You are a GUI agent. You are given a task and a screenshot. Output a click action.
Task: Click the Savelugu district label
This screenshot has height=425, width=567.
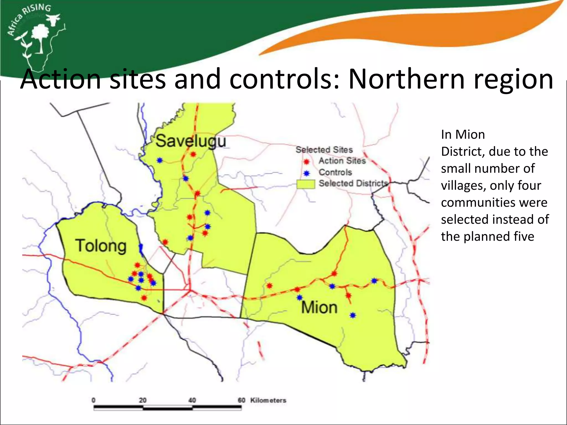click(x=191, y=141)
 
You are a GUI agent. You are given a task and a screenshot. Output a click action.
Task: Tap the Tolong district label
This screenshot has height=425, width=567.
click(x=101, y=246)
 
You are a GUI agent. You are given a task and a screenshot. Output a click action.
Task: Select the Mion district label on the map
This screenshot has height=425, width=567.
click(x=319, y=308)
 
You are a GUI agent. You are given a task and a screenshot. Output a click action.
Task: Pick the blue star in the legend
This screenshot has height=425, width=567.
click(x=306, y=173)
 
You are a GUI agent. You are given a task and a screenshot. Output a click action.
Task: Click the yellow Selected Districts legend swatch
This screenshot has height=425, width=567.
click(x=306, y=184)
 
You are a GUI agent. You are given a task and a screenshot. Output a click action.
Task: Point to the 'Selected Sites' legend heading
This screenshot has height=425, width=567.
click(x=324, y=150)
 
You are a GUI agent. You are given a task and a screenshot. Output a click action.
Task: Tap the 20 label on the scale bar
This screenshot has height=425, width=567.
click(x=143, y=400)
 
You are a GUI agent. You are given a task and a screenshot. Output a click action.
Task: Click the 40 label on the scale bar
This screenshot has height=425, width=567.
click(x=192, y=400)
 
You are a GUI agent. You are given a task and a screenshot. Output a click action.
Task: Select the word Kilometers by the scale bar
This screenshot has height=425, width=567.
click(x=268, y=400)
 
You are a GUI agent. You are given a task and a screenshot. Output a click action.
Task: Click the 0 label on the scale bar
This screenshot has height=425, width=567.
click(x=94, y=400)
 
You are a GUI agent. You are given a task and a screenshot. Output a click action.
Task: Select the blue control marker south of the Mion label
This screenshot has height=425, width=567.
click(x=353, y=315)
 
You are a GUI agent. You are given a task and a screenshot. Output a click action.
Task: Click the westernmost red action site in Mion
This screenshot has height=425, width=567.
click(x=269, y=286)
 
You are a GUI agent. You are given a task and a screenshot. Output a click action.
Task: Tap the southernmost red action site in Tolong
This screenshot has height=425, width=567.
click(x=144, y=298)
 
